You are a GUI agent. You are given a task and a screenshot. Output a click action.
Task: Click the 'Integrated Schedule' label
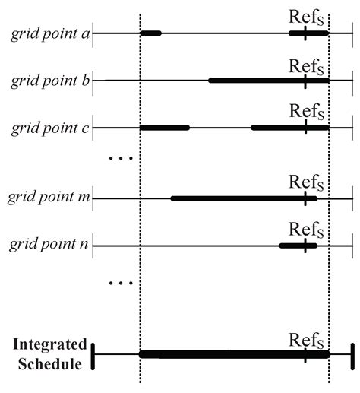49,353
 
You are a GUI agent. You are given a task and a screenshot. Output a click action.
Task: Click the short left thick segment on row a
150,33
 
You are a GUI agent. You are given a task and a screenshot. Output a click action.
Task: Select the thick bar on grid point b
269,80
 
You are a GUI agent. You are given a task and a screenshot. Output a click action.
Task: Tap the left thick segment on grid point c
164,127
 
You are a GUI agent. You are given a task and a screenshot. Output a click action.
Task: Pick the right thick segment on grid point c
289,127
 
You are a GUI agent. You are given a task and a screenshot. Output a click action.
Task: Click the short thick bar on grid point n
298,246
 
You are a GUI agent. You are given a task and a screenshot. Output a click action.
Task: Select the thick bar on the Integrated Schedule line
234,353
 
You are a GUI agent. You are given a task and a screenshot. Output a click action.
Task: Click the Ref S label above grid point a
307,17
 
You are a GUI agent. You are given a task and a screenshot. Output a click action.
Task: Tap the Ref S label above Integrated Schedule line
307,338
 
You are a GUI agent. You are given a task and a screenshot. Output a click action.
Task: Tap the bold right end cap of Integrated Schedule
352,355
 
